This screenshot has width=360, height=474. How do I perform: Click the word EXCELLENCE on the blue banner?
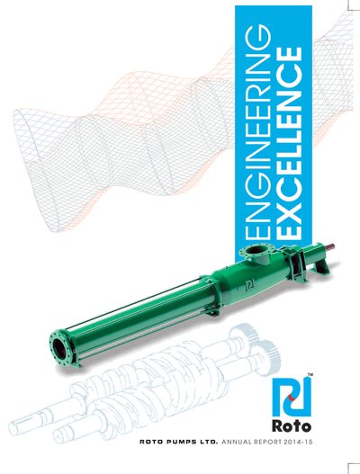pyautogui.click(x=289, y=143)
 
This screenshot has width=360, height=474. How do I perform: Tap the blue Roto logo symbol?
pyautogui.click(x=291, y=397)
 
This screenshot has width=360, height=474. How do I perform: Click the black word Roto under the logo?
pyautogui.click(x=292, y=426)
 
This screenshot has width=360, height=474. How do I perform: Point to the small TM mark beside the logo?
pyautogui.click(x=310, y=375)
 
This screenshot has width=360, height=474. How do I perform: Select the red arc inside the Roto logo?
pyautogui.click(x=291, y=398)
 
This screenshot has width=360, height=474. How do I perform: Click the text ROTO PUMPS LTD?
pyautogui.click(x=178, y=442)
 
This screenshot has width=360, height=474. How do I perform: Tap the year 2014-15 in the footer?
pyautogui.click(x=298, y=442)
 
